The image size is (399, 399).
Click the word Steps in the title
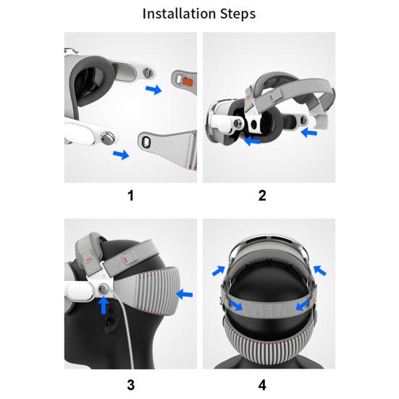click(x=238, y=14)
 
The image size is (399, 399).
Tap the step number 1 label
click(x=130, y=196)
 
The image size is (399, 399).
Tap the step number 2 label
click(x=262, y=196)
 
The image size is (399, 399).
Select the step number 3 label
click(x=131, y=385)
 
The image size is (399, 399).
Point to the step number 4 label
click(x=262, y=385)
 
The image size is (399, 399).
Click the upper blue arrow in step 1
click(x=154, y=90)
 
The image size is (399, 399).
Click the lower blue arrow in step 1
click(x=121, y=154)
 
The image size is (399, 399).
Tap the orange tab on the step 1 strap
click(x=188, y=81)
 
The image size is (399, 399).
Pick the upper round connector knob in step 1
click(x=147, y=73)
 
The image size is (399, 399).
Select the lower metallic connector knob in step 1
click(x=107, y=138)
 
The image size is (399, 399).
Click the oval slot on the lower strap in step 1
click(x=146, y=142)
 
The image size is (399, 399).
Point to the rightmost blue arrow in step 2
click(x=309, y=133)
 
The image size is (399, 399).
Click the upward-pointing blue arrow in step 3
click(x=104, y=305)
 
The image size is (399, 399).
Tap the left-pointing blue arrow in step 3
click(x=185, y=295)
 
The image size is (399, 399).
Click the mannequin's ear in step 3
click(x=110, y=321)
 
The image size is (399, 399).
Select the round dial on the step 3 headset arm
click(x=104, y=289)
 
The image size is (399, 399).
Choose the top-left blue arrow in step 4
click(x=219, y=271)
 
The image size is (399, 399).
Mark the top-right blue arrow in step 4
click(x=319, y=270)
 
